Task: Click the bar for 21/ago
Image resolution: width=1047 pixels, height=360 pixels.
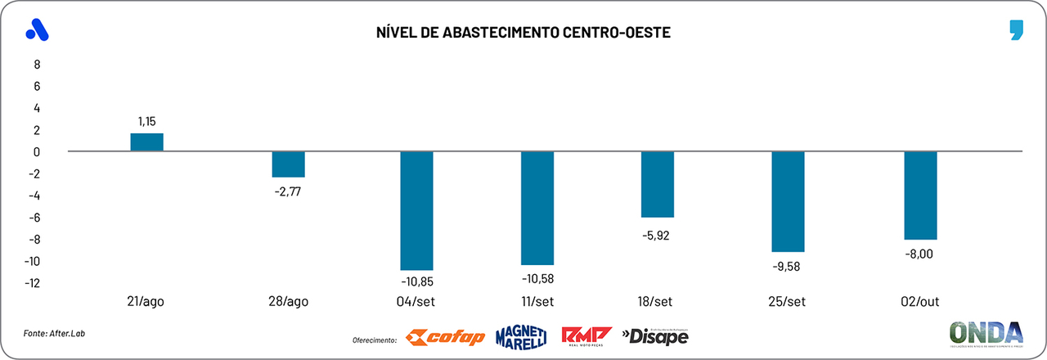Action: coord(147,142)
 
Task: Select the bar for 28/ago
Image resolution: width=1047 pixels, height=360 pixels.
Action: coord(288,164)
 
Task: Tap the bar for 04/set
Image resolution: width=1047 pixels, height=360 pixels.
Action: coord(416,210)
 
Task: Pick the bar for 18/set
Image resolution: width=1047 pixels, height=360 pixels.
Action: coord(658,184)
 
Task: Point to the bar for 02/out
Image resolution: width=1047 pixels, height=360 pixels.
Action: coord(920,195)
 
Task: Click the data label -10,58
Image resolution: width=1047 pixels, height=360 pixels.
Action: coord(537,278)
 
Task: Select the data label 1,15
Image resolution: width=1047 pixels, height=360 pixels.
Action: coord(147,121)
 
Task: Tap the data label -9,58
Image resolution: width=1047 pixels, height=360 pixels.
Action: coord(788,266)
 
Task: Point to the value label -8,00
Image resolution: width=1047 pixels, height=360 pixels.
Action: coord(920,254)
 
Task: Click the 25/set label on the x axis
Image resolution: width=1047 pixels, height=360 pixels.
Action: coord(788,302)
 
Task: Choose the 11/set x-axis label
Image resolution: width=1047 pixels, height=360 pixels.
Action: coord(537,302)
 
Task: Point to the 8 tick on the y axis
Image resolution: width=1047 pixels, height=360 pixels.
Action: coord(36,64)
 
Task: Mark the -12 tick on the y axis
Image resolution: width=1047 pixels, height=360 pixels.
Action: coord(32,283)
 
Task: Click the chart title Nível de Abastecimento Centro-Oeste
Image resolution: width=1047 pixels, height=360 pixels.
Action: coord(523,33)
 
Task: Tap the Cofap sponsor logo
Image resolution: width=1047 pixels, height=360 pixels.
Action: coord(446,337)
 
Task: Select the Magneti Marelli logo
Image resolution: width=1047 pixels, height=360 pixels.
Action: coord(521,336)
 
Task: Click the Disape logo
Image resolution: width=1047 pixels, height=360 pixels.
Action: coord(655,335)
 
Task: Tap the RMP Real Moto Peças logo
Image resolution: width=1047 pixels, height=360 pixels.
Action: coord(586,336)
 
